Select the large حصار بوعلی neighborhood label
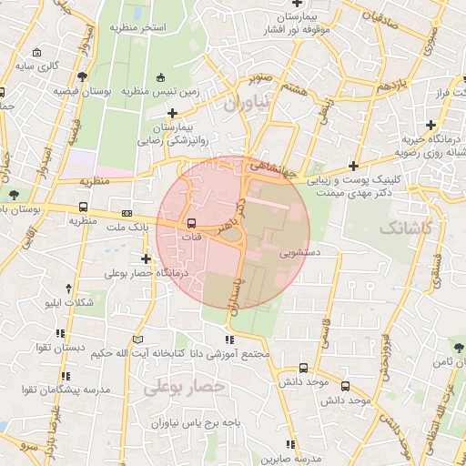pyautogui.click(x=177, y=389)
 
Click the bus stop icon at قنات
pyautogui.click(x=191, y=223)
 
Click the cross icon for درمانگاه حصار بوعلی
pyautogui.click(x=146, y=259)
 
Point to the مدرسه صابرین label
pyautogui.click(x=290, y=459)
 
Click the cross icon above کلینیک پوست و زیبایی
pyautogui.click(x=352, y=167)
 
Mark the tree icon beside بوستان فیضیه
pyautogui.click(x=84, y=77)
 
